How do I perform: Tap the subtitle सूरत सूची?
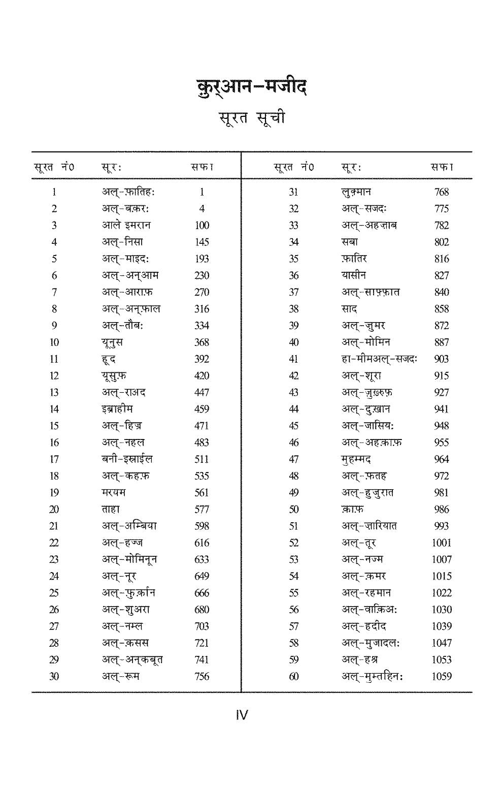point(252,118)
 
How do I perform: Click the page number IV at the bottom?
point(242,715)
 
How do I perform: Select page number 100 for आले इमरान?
point(201,226)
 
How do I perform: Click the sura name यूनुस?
point(112,342)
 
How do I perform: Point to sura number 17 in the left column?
point(54,459)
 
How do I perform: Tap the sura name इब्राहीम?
point(117,409)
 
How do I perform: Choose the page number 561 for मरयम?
point(201,493)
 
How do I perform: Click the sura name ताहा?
point(111,509)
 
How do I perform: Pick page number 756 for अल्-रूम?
point(201,676)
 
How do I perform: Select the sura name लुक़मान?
point(356,192)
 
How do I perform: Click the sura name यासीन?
point(353,275)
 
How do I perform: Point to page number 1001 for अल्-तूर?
point(441,543)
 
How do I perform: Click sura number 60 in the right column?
point(293,676)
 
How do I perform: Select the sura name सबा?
point(349,242)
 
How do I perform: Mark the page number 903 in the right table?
point(441,359)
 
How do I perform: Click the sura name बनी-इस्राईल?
point(127,459)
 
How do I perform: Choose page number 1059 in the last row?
point(441,676)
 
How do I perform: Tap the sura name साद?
point(349,309)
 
